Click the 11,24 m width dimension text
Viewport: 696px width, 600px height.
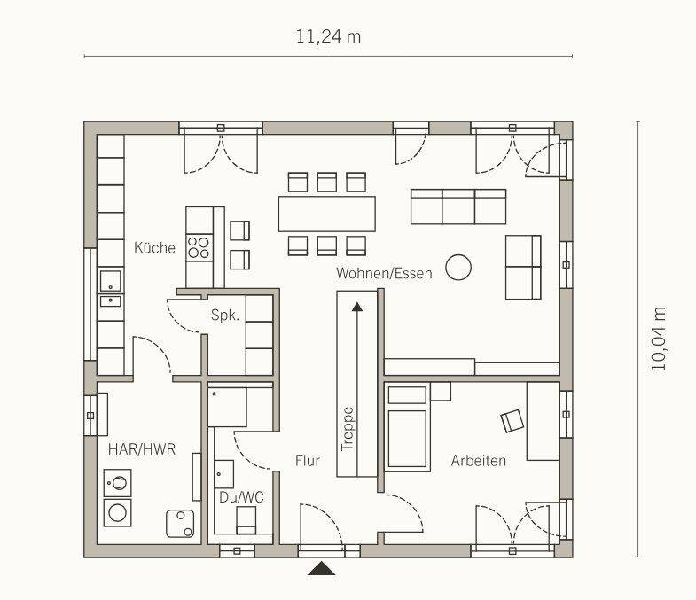328,37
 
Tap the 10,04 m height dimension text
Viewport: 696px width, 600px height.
659,339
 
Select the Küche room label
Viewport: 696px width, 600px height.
154,247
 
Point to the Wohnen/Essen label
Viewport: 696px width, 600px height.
384,273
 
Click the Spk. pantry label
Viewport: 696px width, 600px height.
225,316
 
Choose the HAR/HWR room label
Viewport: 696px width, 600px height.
142,449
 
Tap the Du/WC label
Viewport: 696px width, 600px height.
241,497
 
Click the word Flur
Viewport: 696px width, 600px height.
307,461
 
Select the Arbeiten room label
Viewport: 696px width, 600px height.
479,461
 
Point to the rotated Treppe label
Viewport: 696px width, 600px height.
348,429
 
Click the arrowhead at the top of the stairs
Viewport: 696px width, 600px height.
357,307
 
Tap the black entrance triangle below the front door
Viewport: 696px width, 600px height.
321,568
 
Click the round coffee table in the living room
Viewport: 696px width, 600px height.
458,267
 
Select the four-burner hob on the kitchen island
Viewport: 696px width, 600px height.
199,247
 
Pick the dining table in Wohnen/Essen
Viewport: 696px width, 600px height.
326,214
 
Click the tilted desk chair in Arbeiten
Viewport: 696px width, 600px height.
512,420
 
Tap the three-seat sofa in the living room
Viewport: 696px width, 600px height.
458,206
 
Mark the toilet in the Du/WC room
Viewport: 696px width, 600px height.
246,520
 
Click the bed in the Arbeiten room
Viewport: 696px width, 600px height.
407,427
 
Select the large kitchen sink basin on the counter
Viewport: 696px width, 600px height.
110,281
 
